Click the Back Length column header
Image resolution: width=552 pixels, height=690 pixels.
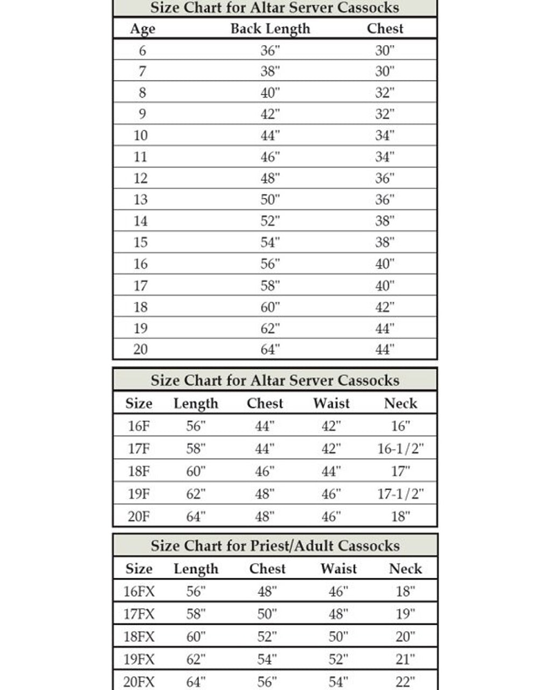[x=270, y=29]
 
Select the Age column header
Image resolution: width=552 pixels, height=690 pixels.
[x=142, y=29]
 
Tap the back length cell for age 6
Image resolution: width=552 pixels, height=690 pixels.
[x=270, y=50]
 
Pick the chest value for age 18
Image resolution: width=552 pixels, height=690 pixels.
[x=385, y=307]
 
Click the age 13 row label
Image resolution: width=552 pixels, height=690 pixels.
[x=140, y=199]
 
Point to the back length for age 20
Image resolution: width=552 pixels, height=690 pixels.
[x=270, y=349]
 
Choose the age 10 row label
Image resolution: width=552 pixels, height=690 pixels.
[x=140, y=135]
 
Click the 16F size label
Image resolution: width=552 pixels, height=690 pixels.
[x=139, y=426]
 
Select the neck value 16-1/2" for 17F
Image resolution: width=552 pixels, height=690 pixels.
[x=401, y=448]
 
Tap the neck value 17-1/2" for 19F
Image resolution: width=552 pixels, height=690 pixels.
[x=401, y=494]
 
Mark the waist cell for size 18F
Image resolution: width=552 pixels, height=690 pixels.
[x=331, y=471]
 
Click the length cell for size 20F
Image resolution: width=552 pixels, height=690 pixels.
[x=196, y=516]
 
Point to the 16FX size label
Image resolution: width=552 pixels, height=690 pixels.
[x=139, y=591]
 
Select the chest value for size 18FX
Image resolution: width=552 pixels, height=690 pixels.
[x=267, y=637]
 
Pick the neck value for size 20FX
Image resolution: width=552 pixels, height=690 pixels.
[x=405, y=681]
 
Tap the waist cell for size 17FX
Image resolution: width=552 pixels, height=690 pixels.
[x=339, y=614]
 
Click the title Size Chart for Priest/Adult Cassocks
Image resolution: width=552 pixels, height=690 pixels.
[x=275, y=546]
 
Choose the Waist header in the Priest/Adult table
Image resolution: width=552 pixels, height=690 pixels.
[x=339, y=569]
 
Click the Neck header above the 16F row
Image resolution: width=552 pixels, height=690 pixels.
[x=401, y=403]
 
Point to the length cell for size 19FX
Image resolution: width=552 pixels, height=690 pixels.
[x=196, y=659]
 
